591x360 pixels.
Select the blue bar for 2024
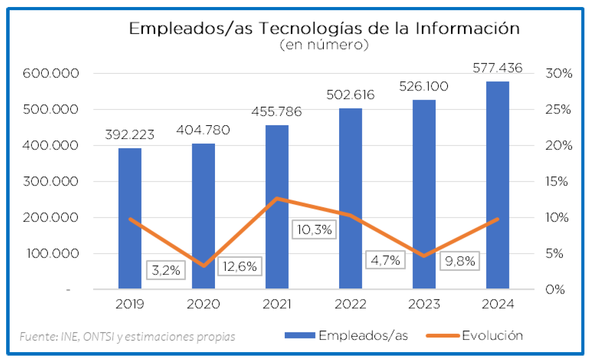click(x=498, y=184)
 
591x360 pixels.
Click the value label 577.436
click(x=498, y=68)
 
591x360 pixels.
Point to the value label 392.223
click(x=130, y=134)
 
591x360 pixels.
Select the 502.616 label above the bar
click(x=350, y=95)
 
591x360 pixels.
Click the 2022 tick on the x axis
click(x=350, y=304)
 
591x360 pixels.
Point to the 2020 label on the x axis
click(x=203, y=304)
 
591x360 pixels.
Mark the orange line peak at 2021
click(x=277, y=198)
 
